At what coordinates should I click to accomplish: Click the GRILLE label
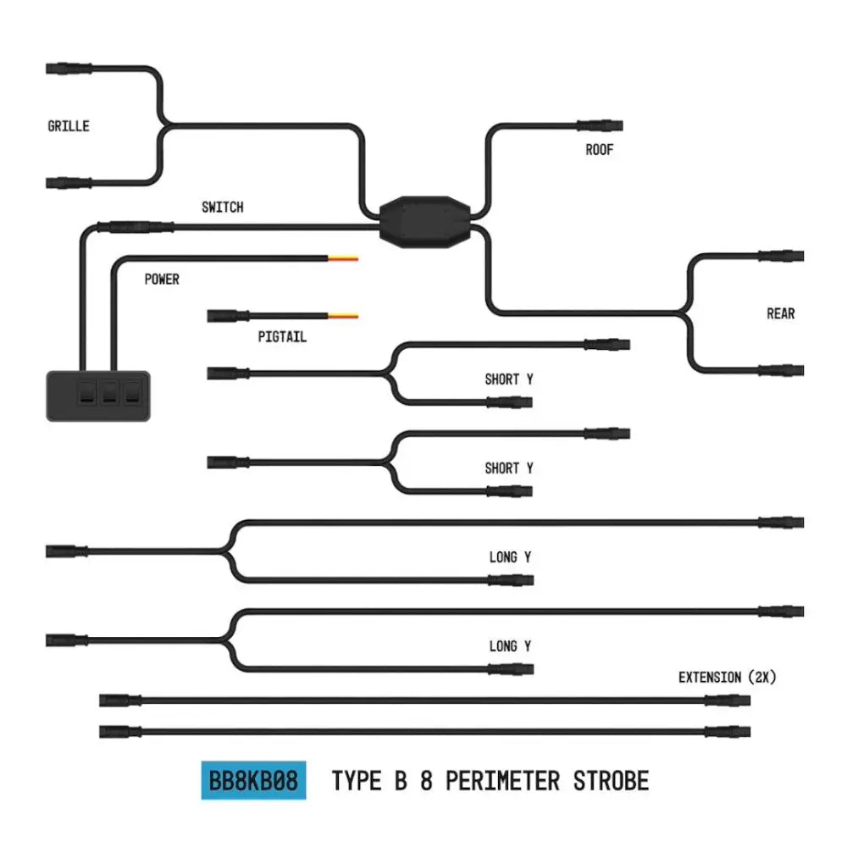point(69,126)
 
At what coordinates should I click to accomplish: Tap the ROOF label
point(600,150)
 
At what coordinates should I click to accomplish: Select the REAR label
point(781,313)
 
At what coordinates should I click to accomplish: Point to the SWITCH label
point(223,207)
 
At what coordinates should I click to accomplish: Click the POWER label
point(162,280)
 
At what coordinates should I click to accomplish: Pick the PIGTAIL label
point(282,337)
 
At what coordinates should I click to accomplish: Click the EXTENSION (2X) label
point(727,677)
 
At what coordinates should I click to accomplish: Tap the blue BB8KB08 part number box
point(253,780)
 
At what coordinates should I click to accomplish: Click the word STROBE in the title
point(611,781)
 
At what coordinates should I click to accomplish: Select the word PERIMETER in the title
point(502,781)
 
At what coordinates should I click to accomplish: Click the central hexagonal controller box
point(425,222)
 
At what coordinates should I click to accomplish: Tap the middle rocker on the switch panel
point(109,392)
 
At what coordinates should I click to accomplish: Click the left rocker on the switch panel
point(87,392)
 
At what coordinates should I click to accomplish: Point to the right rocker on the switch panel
point(132,392)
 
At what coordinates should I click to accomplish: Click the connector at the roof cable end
point(600,126)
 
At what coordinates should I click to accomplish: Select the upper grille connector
point(69,69)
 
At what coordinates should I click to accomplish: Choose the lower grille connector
point(69,183)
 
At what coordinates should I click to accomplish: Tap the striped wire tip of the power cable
point(343,258)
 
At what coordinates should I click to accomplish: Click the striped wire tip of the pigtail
point(343,316)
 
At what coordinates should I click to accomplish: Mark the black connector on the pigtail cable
point(228,316)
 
